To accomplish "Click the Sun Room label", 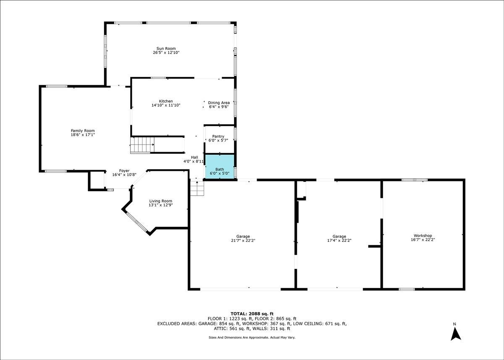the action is pyautogui.click(x=166, y=48).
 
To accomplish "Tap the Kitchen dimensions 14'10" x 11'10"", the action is pyautogui.click(x=166, y=105).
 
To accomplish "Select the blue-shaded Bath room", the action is pyautogui.click(x=220, y=167).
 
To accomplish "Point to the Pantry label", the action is pyautogui.click(x=218, y=137).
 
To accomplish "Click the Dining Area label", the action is pyautogui.click(x=219, y=102).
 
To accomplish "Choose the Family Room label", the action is pyautogui.click(x=83, y=131).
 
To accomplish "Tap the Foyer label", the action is pyautogui.click(x=124, y=171).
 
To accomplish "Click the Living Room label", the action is pyautogui.click(x=160, y=201).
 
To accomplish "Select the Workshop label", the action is pyautogui.click(x=423, y=236).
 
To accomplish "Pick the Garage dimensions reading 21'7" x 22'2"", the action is pyautogui.click(x=243, y=240).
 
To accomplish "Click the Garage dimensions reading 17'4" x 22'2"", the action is pyautogui.click(x=339, y=240).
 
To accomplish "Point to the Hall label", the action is pyautogui.click(x=194, y=157).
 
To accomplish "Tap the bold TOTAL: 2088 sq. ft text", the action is pyautogui.click(x=252, y=314).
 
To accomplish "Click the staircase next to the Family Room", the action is pyautogui.click(x=142, y=145).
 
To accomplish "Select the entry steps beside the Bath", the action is pyautogui.click(x=197, y=188).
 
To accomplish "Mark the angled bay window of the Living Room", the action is pyautogui.click(x=137, y=222).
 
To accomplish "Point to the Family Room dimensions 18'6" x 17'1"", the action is pyautogui.click(x=83, y=135).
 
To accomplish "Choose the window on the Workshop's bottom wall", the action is pyautogui.click(x=407, y=289).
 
